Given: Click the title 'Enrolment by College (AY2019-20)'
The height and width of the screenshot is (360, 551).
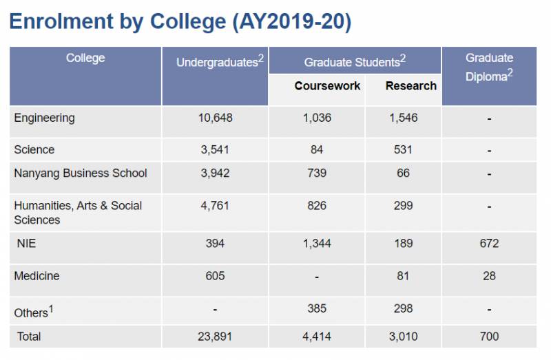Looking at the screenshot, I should tap(180, 21).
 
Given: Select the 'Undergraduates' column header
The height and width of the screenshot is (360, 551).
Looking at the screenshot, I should tap(220, 62).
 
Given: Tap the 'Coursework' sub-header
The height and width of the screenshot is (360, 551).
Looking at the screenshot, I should tap(327, 86).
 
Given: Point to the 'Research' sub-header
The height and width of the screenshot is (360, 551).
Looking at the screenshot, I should tap(410, 86).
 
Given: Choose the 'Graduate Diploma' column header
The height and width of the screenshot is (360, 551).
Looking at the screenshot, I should tap(489, 67).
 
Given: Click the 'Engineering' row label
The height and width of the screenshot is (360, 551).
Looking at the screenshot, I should tap(44, 118).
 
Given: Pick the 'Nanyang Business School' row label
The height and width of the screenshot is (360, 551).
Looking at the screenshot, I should tap(81, 173).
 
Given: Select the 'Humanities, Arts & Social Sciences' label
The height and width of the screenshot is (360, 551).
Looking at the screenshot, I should tap(78, 212).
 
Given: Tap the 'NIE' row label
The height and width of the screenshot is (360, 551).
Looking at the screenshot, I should tap(27, 243).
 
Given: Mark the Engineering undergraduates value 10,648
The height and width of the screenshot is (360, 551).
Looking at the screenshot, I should tap(216, 118).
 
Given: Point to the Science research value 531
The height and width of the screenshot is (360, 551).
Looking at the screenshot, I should tap(404, 149).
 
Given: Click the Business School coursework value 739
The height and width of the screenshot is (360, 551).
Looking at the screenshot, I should tap(317, 173).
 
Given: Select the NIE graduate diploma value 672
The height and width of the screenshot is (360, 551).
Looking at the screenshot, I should tap(489, 243).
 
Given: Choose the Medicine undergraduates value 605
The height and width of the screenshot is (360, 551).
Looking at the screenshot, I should tap(215, 276).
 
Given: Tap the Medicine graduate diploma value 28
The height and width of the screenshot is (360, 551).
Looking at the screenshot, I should tap(489, 276).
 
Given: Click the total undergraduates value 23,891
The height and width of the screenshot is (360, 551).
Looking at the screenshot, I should tap(216, 337).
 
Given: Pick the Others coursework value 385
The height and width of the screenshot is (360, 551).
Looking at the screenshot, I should tap(317, 308).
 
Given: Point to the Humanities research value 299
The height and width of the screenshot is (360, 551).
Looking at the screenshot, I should tap(404, 205).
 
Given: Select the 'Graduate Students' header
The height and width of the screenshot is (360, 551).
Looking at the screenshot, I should tap(355, 62).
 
